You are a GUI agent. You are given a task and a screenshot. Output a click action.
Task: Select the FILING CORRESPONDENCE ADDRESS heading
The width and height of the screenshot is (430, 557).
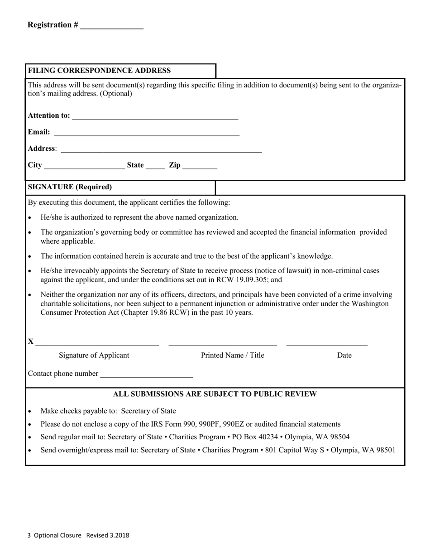point(100,71)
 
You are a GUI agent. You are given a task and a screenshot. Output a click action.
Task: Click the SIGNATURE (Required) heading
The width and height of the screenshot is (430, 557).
point(70,187)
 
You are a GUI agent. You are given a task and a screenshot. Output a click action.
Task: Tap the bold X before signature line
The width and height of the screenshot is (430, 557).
point(30,341)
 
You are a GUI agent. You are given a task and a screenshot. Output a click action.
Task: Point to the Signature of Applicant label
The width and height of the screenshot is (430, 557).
point(94,355)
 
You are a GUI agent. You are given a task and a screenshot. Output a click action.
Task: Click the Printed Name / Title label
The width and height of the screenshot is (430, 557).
point(232,355)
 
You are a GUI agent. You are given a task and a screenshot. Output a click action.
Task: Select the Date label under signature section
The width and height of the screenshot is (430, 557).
point(344,355)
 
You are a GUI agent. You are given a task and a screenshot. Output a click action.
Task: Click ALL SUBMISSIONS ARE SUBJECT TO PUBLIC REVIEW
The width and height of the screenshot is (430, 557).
point(215,394)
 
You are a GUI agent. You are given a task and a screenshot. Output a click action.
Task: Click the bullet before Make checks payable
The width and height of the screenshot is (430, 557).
point(30,412)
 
